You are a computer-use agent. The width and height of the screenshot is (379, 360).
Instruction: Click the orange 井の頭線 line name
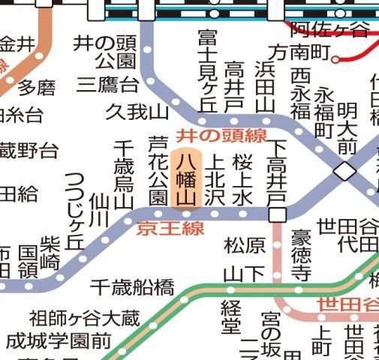[221, 136]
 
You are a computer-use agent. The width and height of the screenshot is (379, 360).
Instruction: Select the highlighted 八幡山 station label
[185, 178]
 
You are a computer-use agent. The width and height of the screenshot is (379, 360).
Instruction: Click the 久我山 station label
[137, 112]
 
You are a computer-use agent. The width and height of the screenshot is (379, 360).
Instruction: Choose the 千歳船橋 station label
[132, 286]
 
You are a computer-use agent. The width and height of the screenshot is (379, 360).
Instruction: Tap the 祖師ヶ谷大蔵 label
[85, 319]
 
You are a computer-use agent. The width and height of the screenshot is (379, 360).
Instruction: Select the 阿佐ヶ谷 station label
[329, 30]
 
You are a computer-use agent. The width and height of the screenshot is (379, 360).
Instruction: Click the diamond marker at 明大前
[345, 171]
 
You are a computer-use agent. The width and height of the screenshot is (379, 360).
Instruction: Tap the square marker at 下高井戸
[278, 215]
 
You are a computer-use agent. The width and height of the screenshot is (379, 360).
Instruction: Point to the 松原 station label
[245, 245]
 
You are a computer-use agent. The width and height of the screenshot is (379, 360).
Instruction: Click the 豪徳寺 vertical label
[301, 256]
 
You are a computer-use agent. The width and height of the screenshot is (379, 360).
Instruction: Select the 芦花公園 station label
[158, 171]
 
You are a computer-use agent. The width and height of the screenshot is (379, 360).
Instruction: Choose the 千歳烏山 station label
[123, 174]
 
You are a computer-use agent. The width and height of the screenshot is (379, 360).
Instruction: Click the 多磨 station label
[37, 88]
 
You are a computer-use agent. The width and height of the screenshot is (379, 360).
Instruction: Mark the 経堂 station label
[230, 316]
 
